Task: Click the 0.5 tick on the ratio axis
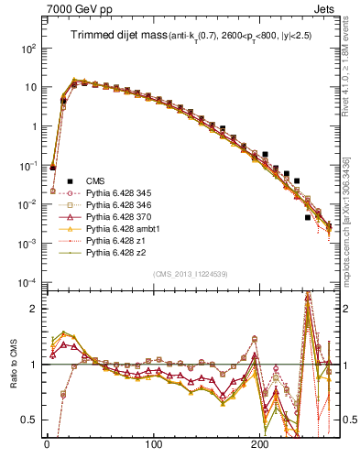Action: (x=31, y=420)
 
